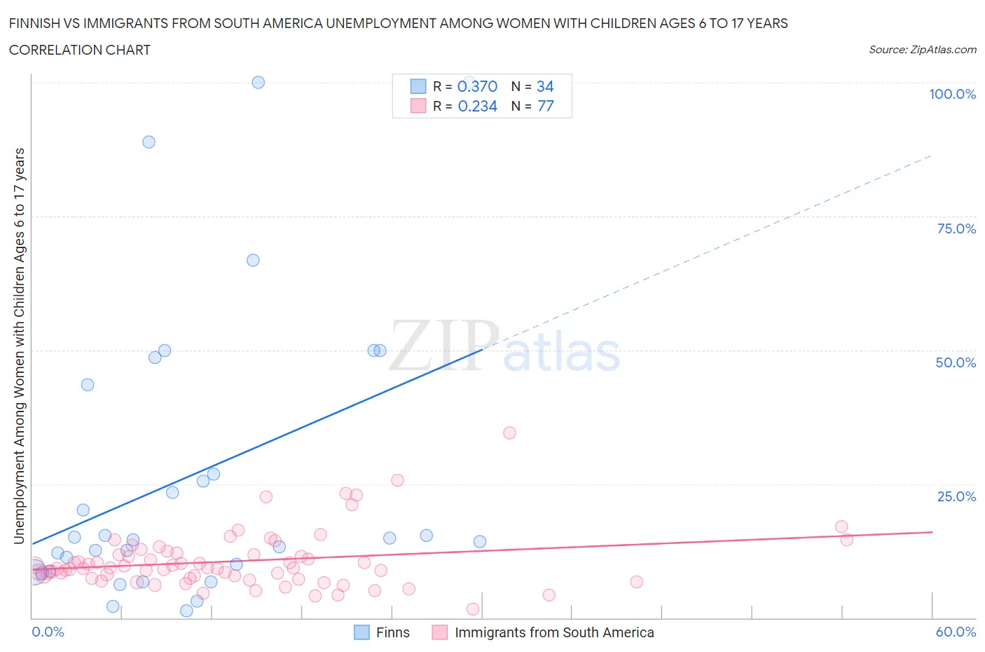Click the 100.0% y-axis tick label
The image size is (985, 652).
coord(952,95)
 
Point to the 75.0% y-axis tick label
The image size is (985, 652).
coord(956,229)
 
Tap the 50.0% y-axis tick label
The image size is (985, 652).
coord(956,362)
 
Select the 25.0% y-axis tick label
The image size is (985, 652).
coord(956,496)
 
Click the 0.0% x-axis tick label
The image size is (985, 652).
coord(48,632)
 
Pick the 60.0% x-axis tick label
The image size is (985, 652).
coord(956,632)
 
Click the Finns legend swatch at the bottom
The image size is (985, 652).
coord(361,632)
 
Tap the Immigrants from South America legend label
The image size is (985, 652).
coord(554,632)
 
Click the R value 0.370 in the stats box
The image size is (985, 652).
coord(477,86)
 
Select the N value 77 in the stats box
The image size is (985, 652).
coord(545,106)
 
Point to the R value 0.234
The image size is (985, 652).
coord(477,106)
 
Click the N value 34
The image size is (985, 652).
coord(545,86)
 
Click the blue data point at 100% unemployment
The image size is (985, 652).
coord(258,82)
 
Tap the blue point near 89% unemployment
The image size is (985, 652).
coord(149,142)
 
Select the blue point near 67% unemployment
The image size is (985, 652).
coord(253,260)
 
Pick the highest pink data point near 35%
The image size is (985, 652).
coord(509,433)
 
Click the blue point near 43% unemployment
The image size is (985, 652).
coord(88,384)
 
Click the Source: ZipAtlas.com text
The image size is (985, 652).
coord(922,50)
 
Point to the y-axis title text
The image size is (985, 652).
coord(19,346)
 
